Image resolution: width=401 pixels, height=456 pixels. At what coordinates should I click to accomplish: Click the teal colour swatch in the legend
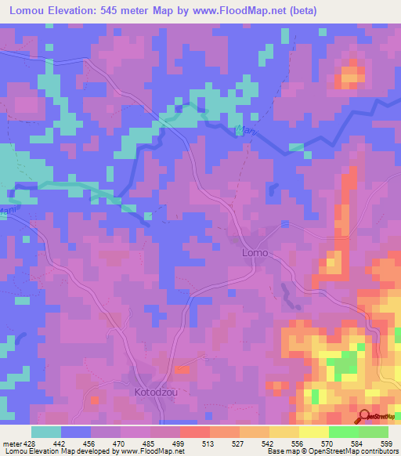[46, 432]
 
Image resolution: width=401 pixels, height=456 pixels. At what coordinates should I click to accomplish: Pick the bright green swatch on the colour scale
[344, 432]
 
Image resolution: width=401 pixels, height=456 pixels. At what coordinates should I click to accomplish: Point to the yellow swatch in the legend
[314, 432]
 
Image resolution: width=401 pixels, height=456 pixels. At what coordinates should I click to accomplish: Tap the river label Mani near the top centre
[244, 131]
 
